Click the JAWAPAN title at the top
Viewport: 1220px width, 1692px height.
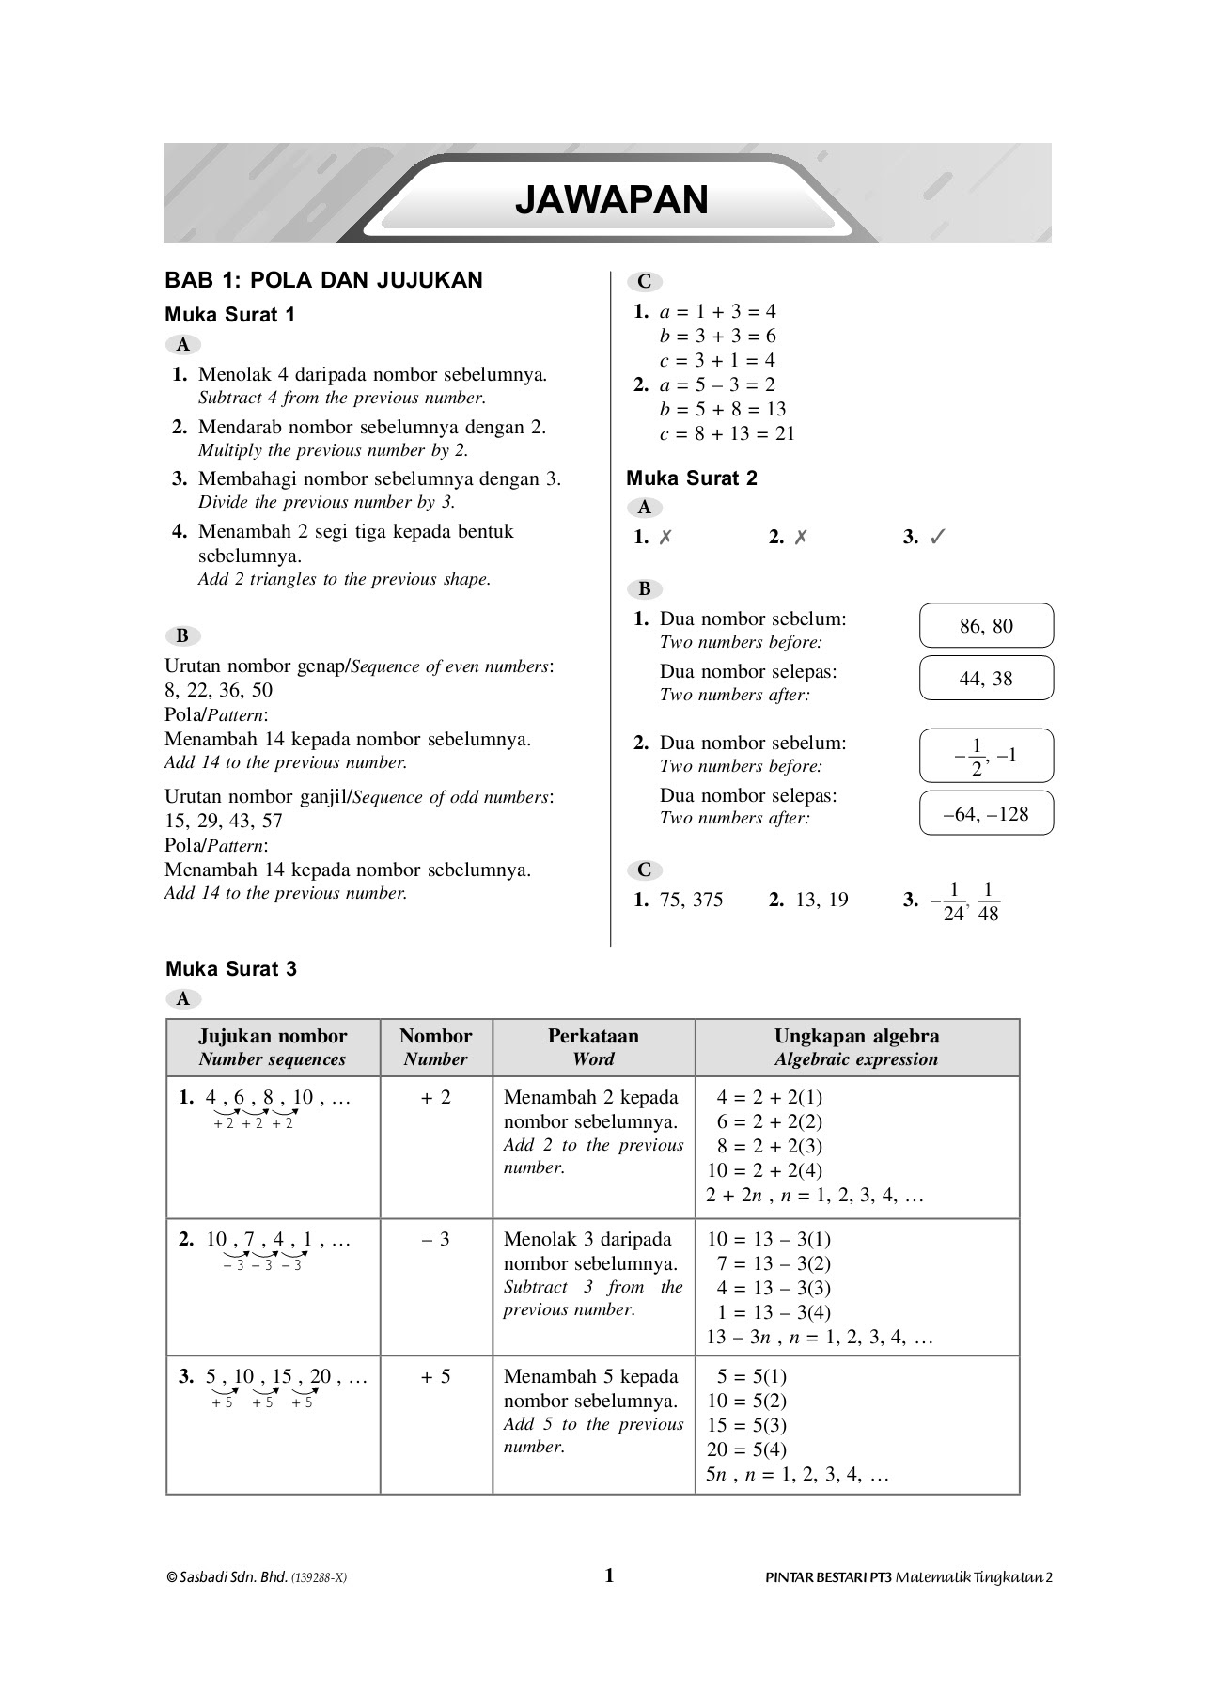coord(611,200)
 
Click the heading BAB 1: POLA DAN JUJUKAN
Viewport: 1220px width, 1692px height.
coord(323,280)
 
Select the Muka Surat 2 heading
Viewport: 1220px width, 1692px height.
coord(692,478)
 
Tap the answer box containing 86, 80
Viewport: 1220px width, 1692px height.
coord(986,626)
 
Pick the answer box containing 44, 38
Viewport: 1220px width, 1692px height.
coord(986,679)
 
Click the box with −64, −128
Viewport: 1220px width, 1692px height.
coord(986,814)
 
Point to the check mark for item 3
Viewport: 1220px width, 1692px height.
coord(937,538)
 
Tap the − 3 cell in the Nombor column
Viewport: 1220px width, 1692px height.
coord(435,1240)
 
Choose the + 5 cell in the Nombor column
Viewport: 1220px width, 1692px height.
coord(435,1377)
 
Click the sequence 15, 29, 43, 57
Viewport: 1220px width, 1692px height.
coord(224,821)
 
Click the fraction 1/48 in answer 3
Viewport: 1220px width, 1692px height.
coord(988,901)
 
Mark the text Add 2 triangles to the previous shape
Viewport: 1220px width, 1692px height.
coord(344,580)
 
